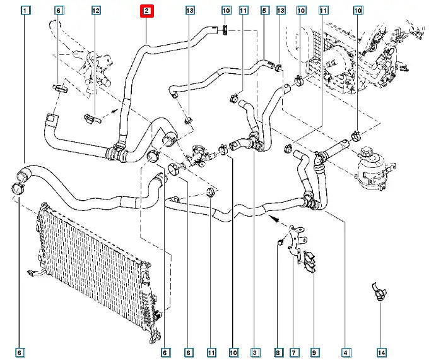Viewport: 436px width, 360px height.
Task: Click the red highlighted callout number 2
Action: click(x=146, y=11)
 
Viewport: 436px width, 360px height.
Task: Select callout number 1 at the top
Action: click(x=25, y=11)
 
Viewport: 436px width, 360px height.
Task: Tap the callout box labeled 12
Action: click(x=96, y=11)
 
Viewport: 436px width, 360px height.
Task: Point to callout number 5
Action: click(x=264, y=11)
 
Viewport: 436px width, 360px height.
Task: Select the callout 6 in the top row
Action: click(x=59, y=11)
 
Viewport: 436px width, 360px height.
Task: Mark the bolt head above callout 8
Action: click(x=278, y=241)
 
